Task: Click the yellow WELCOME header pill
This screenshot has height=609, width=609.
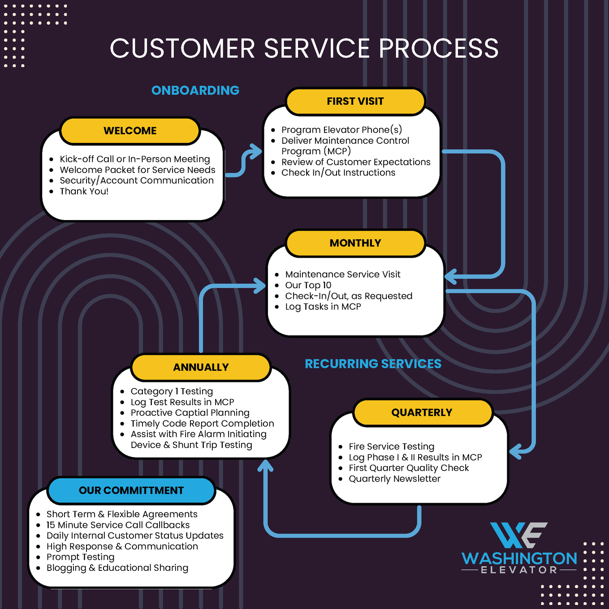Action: (130, 131)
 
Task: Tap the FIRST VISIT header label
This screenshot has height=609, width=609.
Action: (355, 101)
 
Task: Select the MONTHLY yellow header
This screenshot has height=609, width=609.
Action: (355, 243)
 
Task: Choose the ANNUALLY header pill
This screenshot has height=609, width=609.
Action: (201, 367)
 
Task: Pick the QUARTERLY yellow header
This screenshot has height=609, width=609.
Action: (422, 412)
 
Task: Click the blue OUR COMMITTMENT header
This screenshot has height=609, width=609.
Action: (131, 490)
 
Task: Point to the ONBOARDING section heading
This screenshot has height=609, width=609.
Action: (195, 91)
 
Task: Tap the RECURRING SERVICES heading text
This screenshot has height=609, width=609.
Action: (373, 364)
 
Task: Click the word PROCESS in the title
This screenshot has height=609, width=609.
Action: (438, 49)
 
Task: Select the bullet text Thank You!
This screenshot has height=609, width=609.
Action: (84, 191)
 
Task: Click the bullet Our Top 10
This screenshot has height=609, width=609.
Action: (308, 285)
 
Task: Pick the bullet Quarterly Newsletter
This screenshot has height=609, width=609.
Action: (394, 479)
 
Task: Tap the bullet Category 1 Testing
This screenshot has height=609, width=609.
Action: (172, 391)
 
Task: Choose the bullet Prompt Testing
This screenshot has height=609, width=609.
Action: (80, 557)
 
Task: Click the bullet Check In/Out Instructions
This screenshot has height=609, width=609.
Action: (338, 173)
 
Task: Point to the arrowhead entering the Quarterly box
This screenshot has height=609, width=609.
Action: (515, 451)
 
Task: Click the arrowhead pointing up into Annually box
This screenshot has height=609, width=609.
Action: (266, 465)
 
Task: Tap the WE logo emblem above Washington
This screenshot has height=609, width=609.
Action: (518, 535)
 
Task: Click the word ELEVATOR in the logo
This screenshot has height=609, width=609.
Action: (519, 570)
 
